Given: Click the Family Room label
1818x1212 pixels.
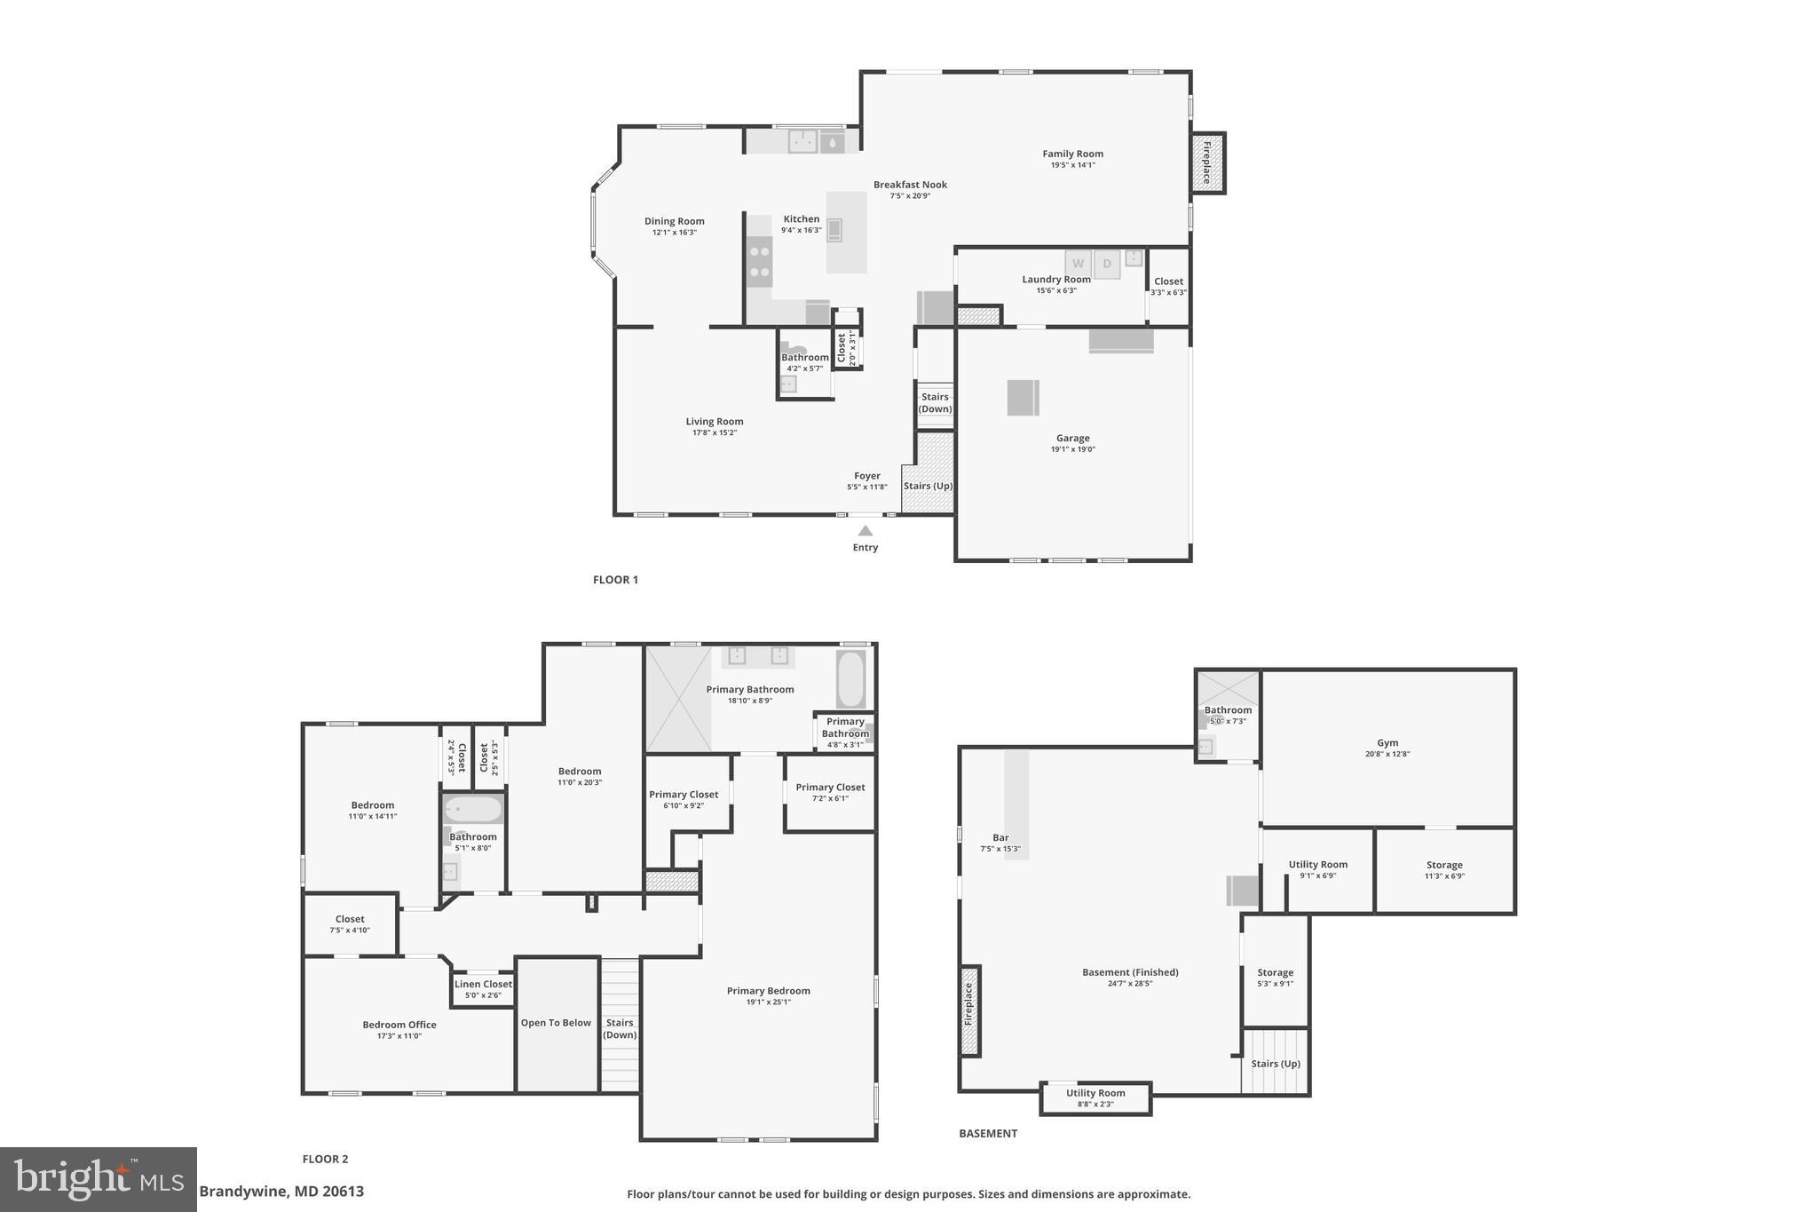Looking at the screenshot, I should point(1072,154).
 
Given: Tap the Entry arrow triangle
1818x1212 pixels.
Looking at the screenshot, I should point(865,531).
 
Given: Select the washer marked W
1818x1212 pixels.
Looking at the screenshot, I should point(1078,264).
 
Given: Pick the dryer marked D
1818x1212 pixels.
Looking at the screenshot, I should point(1107,264).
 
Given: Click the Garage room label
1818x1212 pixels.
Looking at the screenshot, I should point(1072,439).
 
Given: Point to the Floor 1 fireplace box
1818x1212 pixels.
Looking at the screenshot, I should point(1207,163).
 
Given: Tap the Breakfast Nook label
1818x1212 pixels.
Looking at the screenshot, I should point(910,186).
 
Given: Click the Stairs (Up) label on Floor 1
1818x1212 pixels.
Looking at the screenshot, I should point(928,486).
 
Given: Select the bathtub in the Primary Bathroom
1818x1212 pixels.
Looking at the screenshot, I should point(850,679).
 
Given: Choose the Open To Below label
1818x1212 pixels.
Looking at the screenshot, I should point(556,1023).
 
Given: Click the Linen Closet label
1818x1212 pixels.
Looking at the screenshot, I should point(483,984).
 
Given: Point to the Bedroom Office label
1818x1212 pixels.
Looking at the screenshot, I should point(399,1025).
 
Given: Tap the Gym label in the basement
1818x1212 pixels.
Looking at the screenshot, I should point(1387,743).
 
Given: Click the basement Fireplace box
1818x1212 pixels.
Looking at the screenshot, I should point(969,1010).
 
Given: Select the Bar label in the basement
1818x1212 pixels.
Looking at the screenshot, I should point(1000,838).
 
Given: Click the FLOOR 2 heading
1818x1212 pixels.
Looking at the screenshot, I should point(325,1159).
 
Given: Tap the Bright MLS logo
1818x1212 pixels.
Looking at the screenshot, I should point(99,1178).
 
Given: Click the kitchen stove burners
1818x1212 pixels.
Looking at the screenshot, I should point(759,261).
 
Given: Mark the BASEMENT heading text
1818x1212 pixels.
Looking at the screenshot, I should point(988,1133).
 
